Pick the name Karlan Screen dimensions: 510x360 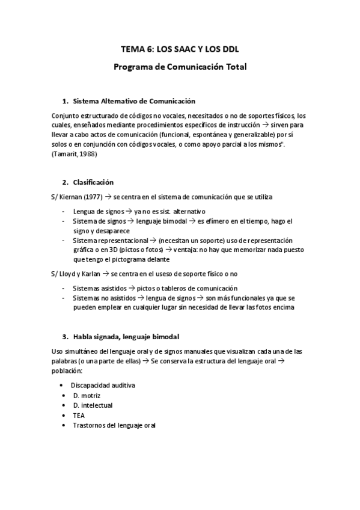click(90, 274)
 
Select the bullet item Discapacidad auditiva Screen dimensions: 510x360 click(103, 384)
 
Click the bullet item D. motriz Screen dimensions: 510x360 click(87, 395)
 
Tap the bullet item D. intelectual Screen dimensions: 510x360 click(93, 405)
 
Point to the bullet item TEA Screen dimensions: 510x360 click(79, 415)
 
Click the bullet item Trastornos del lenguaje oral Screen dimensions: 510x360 click(114, 425)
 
